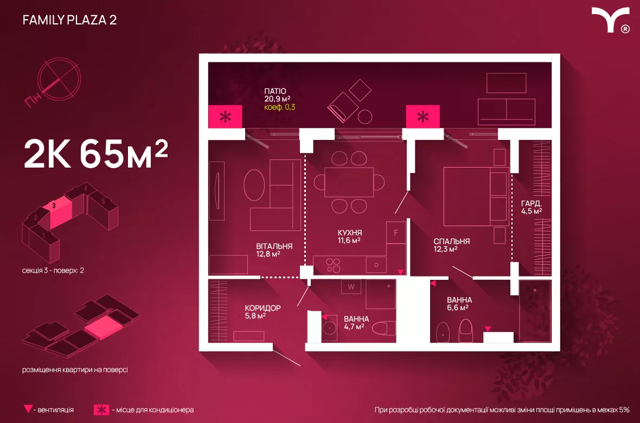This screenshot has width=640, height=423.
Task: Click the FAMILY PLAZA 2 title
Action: tap(69, 20)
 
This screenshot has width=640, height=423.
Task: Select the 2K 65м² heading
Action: tap(95, 155)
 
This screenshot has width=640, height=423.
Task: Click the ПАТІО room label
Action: tap(275, 91)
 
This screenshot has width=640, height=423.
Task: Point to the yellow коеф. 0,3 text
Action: tap(280, 107)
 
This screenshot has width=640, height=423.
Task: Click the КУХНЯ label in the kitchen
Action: tap(349, 233)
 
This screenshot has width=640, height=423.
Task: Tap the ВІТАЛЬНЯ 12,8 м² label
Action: tap(274, 249)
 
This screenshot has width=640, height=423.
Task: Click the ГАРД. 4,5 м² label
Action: tap(532, 207)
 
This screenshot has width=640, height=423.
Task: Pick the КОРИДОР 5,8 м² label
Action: tap(263, 311)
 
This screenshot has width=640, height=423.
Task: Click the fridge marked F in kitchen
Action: tap(396, 233)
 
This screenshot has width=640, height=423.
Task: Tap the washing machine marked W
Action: tap(351, 286)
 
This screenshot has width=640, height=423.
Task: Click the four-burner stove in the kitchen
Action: tap(333, 264)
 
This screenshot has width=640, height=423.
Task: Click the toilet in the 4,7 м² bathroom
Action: tap(386, 329)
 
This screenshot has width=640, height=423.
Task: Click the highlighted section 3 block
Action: tap(60, 213)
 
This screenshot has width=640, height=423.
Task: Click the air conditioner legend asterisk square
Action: tap(101, 409)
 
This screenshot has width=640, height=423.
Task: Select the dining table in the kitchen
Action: tap(349, 182)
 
